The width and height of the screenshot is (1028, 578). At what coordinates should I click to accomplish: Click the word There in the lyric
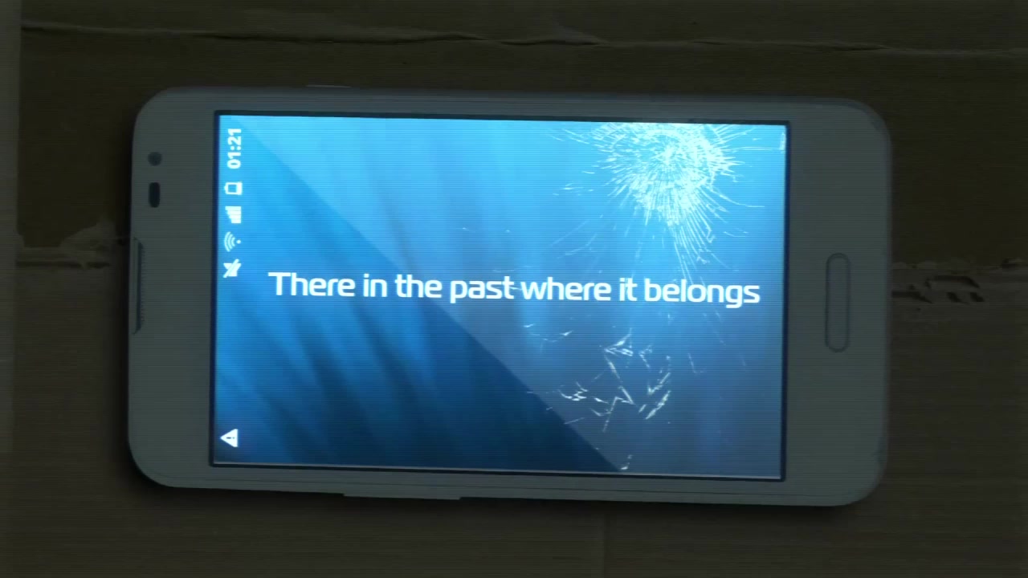pos(312,284)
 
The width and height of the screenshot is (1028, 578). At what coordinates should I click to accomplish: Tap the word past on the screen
pos(483,290)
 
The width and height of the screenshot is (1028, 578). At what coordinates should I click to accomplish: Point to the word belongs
pos(702,292)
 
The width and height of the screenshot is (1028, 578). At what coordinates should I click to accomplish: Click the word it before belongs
pos(628,290)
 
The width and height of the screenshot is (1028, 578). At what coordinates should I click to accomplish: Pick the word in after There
pos(374,286)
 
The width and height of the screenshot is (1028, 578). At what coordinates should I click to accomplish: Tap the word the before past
pos(418,287)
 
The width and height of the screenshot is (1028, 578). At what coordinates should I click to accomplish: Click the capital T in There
pos(280,284)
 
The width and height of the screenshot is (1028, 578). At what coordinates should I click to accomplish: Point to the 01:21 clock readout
pos(234,149)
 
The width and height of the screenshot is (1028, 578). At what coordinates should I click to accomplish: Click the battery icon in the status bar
pos(234,189)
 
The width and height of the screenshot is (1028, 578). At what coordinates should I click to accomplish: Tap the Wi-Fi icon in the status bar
pos(232,242)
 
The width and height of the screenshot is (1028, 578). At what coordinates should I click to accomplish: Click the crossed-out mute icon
pos(232,269)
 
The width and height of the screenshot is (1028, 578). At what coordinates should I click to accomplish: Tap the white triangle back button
pos(230,438)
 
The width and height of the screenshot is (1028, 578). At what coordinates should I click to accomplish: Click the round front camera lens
pos(155,159)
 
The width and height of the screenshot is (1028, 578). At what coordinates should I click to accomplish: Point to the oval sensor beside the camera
pos(155,194)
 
